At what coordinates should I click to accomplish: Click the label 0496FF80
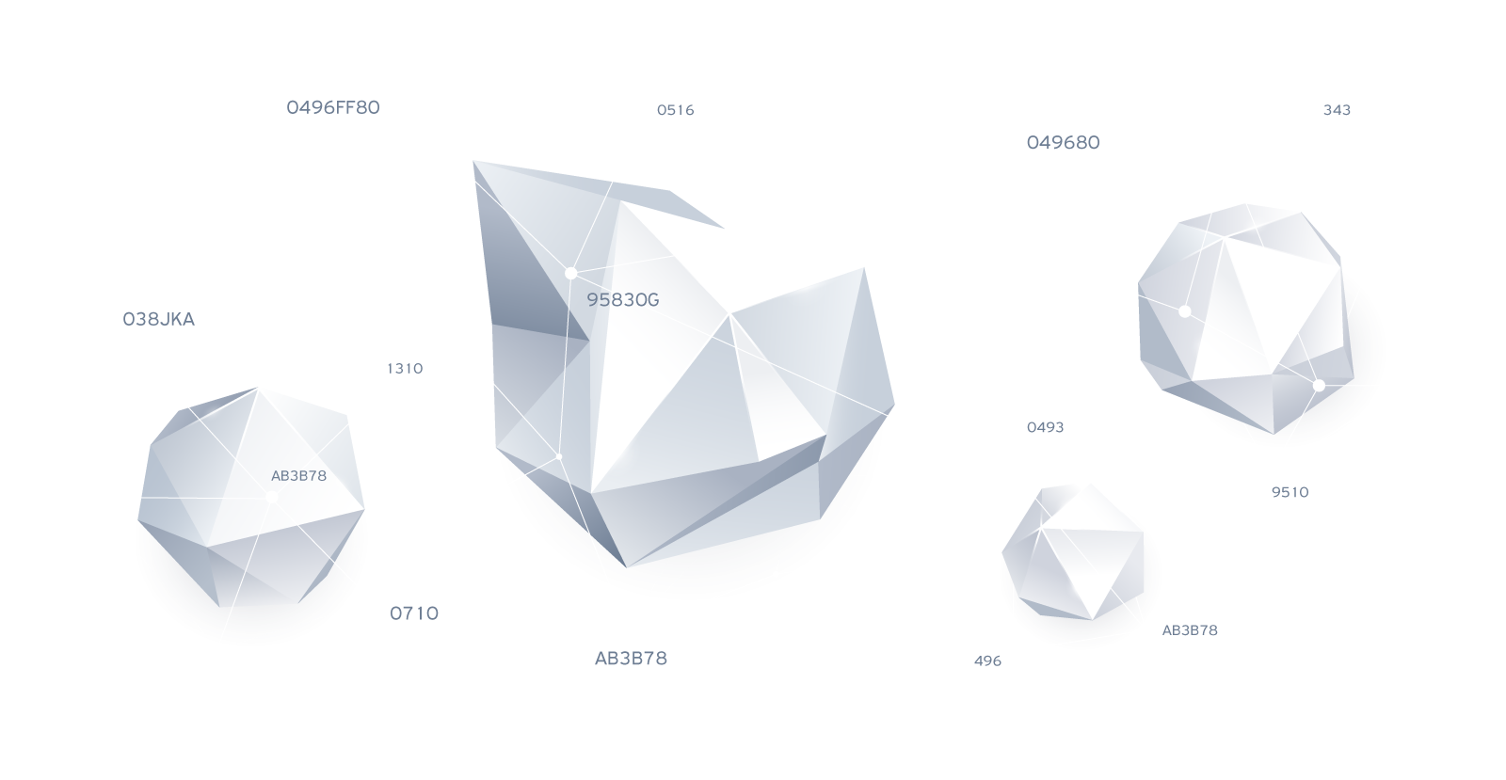(333, 107)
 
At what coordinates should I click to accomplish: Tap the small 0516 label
(675, 110)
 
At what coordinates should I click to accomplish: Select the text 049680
(1063, 143)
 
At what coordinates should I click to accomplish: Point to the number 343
(1337, 110)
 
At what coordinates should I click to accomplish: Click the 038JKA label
(159, 320)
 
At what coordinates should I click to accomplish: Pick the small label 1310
(405, 369)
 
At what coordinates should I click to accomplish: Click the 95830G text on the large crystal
(623, 300)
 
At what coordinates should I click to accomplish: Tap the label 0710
(414, 613)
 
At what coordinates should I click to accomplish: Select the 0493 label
(1045, 427)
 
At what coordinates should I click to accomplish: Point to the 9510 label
(1290, 492)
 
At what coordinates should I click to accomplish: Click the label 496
(987, 661)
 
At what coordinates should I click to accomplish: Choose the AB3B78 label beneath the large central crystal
(631, 659)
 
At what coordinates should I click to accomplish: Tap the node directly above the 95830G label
(570, 273)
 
